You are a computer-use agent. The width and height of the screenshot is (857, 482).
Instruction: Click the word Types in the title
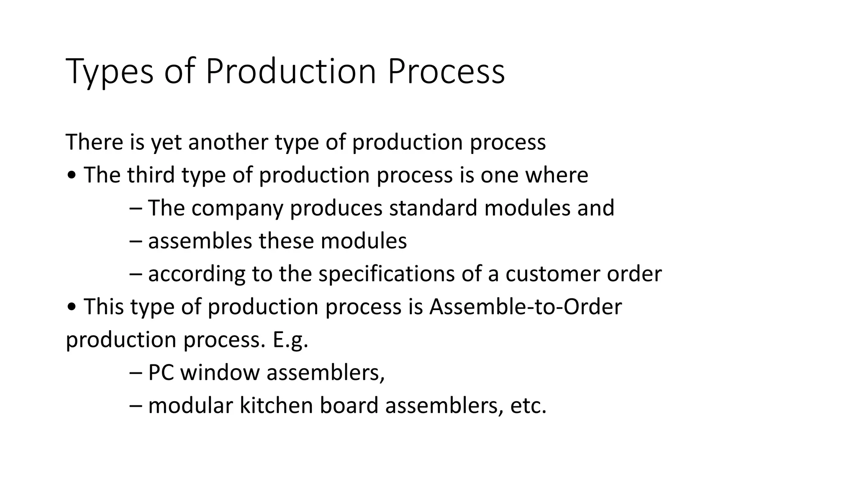pyautogui.click(x=110, y=72)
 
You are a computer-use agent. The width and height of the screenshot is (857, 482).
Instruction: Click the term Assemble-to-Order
pyautogui.click(x=526, y=307)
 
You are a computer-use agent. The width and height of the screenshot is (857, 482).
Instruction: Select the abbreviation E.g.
pyautogui.click(x=290, y=340)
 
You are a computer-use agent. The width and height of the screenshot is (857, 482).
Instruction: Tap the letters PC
pyautogui.click(x=161, y=372)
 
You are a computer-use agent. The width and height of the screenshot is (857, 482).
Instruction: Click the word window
pyautogui.click(x=220, y=372)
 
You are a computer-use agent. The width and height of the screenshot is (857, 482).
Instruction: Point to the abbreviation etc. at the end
pyautogui.click(x=529, y=405)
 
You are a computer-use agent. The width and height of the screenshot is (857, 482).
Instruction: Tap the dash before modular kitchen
pyautogui.click(x=136, y=406)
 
